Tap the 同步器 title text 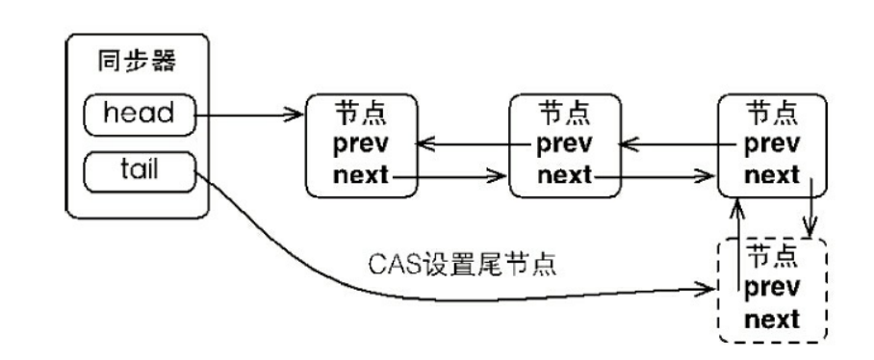point(137,61)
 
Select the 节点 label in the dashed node point(771,256)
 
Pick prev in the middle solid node point(565,144)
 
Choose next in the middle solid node point(565,175)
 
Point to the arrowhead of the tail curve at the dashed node point(709,288)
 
